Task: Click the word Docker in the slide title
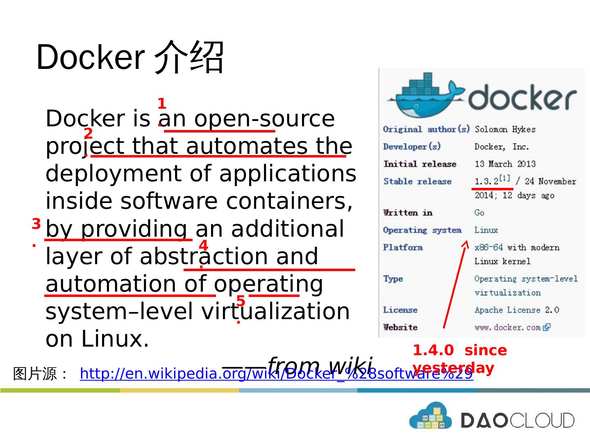90,57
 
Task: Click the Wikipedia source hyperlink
276,374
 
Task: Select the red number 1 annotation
161,104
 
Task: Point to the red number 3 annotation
36,224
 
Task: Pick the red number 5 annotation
241,301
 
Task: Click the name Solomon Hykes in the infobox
505,130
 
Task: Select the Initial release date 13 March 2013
505,164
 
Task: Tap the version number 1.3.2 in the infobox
486,181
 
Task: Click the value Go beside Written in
479,213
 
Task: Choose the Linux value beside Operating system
486,230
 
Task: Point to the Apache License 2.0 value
516,310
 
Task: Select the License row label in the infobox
400,310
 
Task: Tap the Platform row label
402,247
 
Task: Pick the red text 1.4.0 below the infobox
433,351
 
